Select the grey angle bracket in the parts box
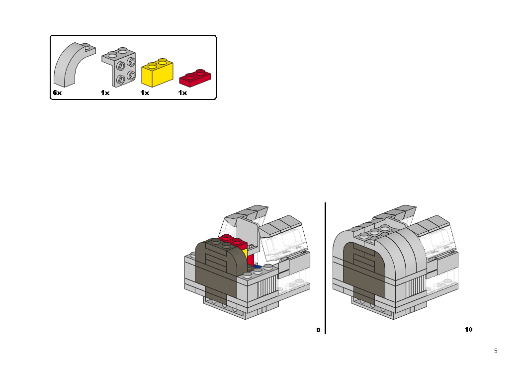point(121,69)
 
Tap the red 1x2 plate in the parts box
point(194,77)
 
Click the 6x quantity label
point(57,93)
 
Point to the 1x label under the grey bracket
point(104,93)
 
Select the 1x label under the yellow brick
point(145,93)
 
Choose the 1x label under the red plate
point(182,93)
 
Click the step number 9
point(318,330)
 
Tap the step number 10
point(468,330)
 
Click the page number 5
point(496,351)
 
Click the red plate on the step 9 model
point(234,240)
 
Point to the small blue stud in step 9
point(257,267)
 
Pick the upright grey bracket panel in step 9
point(247,231)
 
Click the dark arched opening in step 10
point(363,271)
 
